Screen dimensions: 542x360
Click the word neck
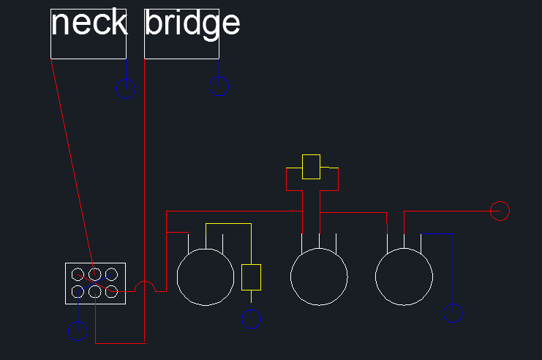(89, 23)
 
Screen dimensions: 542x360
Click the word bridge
(192, 23)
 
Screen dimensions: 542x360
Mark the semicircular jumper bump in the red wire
(145, 282)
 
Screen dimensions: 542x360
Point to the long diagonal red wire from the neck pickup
(72, 167)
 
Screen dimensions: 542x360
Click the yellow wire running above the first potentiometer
(228, 224)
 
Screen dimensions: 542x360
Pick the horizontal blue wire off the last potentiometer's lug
(437, 233)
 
